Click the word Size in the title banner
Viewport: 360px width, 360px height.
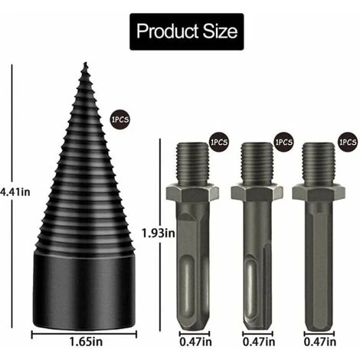[x=220, y=32]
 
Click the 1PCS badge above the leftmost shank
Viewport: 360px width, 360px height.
[x=219, y=143]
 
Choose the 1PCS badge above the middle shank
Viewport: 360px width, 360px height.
[x=283, y=143]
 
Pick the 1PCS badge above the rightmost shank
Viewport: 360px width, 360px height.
[x=347, y=143]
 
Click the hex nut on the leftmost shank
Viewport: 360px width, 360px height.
[x=192, y=191]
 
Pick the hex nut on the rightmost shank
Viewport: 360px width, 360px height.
[x=319, y=191]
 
